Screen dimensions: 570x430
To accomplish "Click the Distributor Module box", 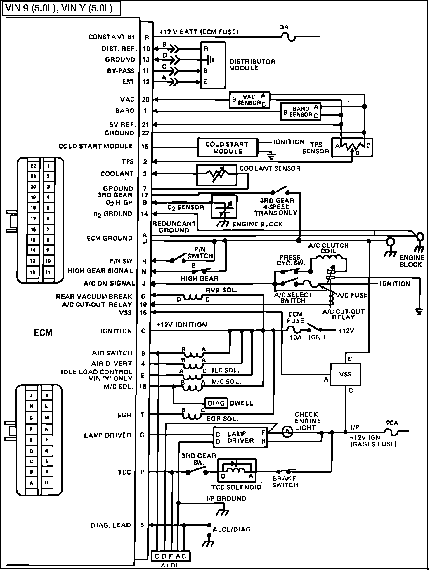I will [x=213, y=65].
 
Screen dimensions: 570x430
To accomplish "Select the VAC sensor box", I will [x=249, y=100].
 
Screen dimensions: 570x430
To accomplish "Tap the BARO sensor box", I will [x=301, y=112].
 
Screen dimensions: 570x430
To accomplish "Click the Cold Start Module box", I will [x=228, y=147].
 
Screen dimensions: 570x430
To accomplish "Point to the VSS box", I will [x=345, y=374].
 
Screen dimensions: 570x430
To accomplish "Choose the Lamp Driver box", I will [x=240, y=437].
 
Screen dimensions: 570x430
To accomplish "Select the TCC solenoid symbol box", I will [x=237, y=470].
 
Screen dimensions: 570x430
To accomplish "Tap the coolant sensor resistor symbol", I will [x=216, y=175].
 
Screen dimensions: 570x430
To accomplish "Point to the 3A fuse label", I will [x=284, y=27].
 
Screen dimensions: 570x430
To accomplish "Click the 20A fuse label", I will [x=392, y=423].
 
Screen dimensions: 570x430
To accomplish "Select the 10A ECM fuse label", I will [x=295, y=337].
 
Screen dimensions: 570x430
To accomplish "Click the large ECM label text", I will [x=43, y=332].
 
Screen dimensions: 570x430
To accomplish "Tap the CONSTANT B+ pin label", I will [x=112, y=37].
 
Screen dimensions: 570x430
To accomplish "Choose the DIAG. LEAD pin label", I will [x=111, y=525].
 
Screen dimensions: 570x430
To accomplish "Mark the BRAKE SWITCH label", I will [x=285, y=482].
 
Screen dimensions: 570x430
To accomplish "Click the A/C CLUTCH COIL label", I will [x=329, y=248].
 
